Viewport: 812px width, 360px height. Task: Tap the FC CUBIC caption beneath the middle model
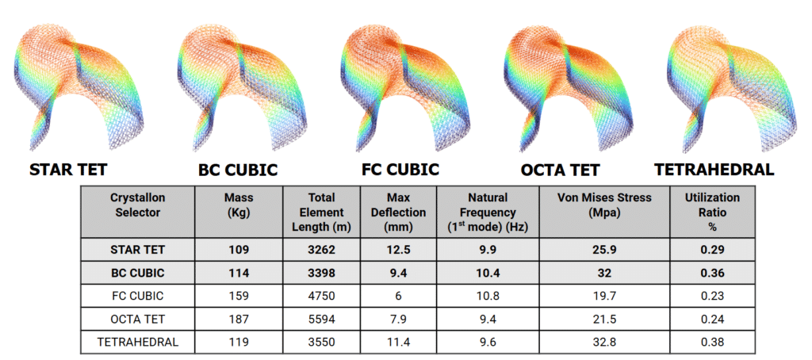click(x=400, y=170)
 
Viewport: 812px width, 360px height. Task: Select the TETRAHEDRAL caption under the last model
click(x=714, y=170)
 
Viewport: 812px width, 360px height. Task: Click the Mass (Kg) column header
click(x=239, y=205)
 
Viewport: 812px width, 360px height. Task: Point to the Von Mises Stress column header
click(x=602, y=205)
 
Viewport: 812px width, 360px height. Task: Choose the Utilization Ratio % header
click(x=713, y=212)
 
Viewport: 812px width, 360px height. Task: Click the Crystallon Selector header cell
click(x=138, y=205)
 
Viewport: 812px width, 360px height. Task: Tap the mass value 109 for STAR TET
click(x=239, y=249)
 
